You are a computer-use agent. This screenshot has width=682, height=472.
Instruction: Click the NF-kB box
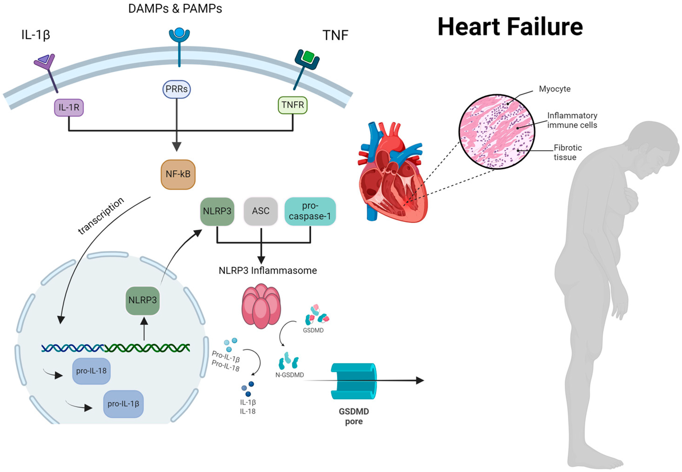click(x=178, y=175)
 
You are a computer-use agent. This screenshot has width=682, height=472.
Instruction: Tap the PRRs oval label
click(x=177, y=89)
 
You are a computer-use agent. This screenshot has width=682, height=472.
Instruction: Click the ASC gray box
click(x=261, y=211)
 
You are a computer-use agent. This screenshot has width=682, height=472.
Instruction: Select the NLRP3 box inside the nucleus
click(x=142, y=300)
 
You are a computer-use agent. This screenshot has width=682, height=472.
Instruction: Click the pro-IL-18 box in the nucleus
click(x=91, y=371)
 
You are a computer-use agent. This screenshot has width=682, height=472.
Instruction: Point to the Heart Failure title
click(x=510, y=27)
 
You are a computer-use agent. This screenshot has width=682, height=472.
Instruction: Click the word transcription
click(x=101, y=216)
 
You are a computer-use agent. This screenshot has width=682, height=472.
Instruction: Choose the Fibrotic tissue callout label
click(x=567, y=152)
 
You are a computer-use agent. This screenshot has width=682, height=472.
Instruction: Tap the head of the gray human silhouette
click(x=656, y=148)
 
